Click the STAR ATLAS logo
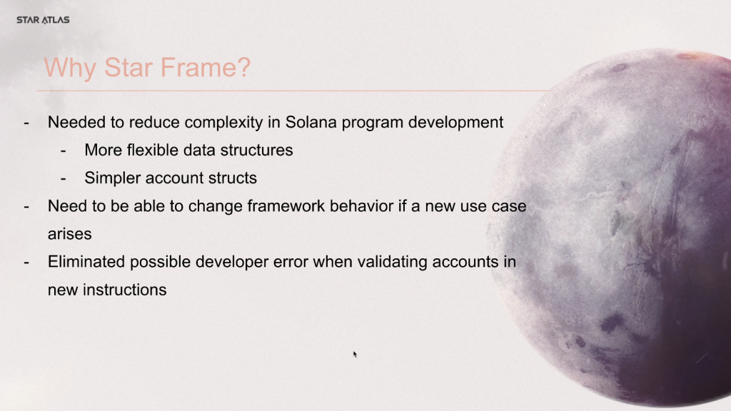click(43, 20)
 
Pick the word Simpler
click(111, 178)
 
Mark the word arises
click(70, 234)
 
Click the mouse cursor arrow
click(355, 354)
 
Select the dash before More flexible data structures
click(64, 151)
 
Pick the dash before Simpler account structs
click(64, 178)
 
